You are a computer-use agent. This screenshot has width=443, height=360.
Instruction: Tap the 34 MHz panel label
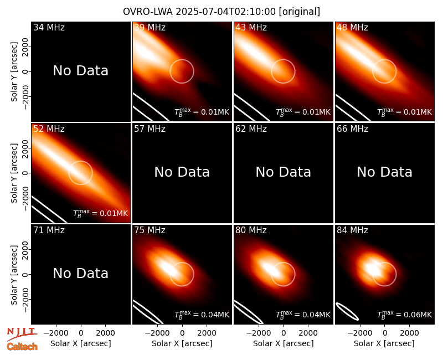[49, 27]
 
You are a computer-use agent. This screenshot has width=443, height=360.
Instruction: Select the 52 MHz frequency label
[49, 129]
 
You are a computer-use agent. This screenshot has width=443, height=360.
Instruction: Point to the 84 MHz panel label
[352, 230]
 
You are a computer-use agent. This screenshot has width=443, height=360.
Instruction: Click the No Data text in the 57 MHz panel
[182, 172]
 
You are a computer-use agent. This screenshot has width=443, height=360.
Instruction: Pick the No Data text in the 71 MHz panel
[81, 273]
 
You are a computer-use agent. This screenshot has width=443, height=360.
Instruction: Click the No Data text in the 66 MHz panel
[384, 172]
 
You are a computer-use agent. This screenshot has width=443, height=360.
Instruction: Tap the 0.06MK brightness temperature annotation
[404, 314]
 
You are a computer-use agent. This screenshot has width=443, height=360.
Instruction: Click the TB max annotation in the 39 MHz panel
[202, 111]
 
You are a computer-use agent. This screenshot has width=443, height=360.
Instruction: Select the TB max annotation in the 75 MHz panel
[202, 314]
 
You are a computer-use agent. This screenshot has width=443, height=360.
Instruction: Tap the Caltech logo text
[22, 347]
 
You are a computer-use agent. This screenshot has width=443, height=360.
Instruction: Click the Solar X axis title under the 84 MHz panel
[384, 343]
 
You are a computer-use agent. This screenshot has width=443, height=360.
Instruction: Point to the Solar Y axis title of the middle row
[14, 173]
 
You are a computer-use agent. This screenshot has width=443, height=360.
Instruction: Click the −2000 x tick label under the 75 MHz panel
[157, 333]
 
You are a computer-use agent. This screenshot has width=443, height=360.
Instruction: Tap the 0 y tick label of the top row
[25, 71]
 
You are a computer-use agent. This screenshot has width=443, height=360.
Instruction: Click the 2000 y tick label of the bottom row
[25, 250]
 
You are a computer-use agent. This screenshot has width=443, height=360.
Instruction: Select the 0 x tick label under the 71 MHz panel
[81, 333]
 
